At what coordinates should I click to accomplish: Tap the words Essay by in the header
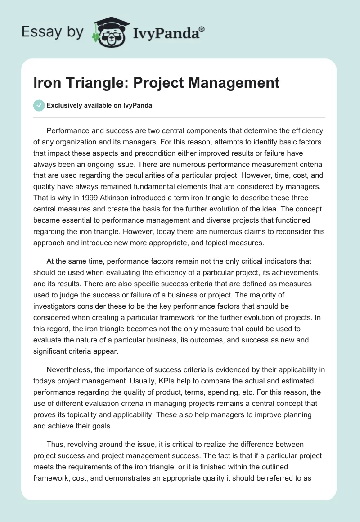53,32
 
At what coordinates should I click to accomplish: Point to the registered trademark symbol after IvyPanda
202,28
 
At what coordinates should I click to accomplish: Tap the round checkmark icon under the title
39,105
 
